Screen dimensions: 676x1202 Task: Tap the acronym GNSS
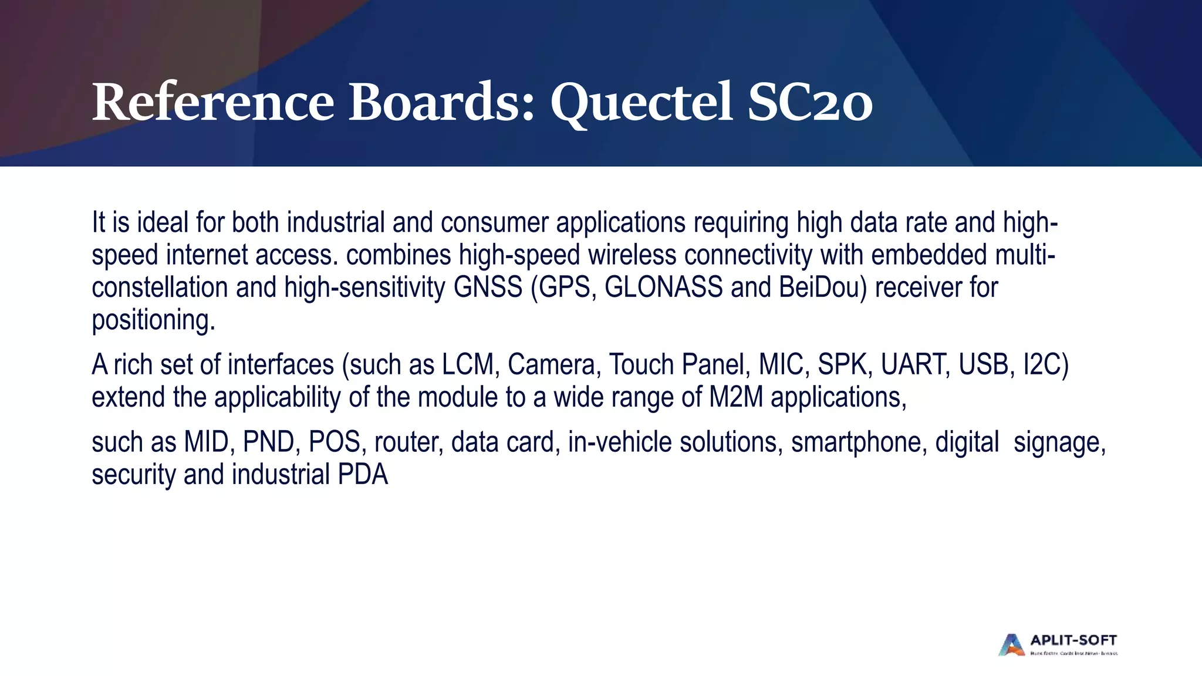488,288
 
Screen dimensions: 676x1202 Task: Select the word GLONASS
663,288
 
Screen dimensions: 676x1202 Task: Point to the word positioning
153,320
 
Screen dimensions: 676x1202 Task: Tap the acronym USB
986,364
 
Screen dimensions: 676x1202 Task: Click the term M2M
736,397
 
